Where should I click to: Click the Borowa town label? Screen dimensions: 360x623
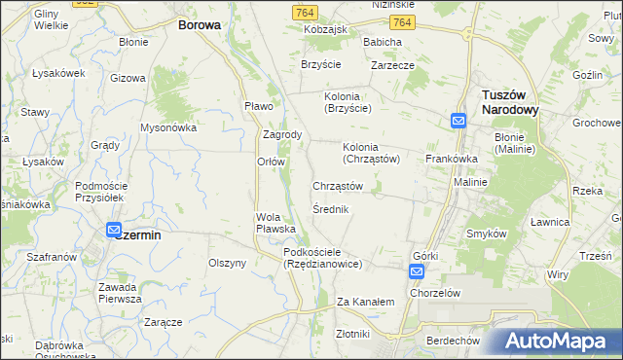pyautogui.click(x=199, y=25)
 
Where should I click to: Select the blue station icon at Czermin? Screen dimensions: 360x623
pyautogui.click(x=113, y=230)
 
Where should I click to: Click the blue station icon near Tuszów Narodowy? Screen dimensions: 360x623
pyautogui.click(x=458, y=121)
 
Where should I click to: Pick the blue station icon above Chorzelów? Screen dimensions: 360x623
pyautogui.click(x=416, y=272)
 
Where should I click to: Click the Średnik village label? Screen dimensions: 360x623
pyautogui.click(x=331, y=209)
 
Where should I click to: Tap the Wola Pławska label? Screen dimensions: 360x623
pyautogui.click(x=275, y=223)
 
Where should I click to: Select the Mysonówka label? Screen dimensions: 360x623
pyautogui.click(x=169, y=127)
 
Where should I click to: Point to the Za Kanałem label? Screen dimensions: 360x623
pyautogui.click(x=365, y=303)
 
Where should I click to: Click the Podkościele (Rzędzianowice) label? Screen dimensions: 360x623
pyautogui.click(x=322, y=258)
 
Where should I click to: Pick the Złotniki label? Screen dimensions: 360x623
pyautogui.click(x=351, y=334)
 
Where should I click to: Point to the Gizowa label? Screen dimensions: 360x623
pyautogui.click(x=128, y=77)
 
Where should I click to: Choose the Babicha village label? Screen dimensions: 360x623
pyautogui.click(x=383, y=43)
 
